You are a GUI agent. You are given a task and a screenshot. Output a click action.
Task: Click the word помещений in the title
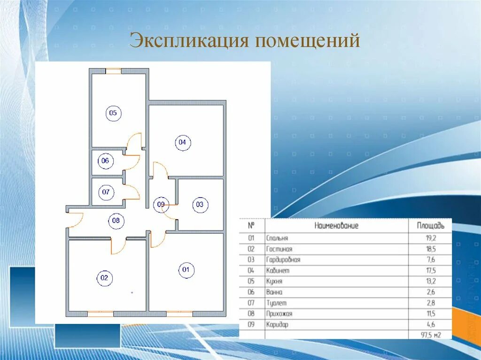[307, 41]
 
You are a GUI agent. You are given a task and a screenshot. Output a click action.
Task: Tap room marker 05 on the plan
[113, 113]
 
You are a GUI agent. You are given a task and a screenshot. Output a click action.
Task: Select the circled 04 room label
[183, 142]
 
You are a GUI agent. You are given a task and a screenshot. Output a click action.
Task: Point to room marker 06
[105, 161]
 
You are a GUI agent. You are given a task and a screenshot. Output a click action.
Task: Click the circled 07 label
[106, 192]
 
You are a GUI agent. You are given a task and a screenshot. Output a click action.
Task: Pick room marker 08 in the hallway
[116, 221]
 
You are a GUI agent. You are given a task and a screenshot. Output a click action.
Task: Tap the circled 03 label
[200, 205]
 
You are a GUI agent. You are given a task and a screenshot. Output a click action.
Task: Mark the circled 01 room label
[186, 269]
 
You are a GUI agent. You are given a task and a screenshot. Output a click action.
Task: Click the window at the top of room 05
[113, 71]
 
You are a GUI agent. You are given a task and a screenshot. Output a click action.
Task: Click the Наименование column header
[336, 226]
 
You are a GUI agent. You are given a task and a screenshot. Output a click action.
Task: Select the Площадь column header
[430, 226]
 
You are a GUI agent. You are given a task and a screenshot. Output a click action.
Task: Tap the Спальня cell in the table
[277, 238]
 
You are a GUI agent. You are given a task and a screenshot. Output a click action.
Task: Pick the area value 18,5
[430, 249]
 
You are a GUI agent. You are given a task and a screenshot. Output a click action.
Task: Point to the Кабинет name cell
[278, 271]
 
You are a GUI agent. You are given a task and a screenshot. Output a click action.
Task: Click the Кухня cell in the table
[275, 282]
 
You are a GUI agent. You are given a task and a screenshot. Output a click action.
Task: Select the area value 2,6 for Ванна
[430, 292]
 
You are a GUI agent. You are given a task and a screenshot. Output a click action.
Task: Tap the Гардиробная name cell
[283, 260]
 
